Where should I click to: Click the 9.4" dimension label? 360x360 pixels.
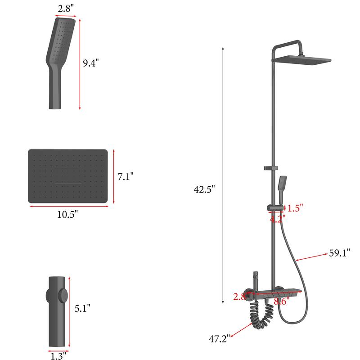pos(90,63)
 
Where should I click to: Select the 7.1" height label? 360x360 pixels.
pos(126,177)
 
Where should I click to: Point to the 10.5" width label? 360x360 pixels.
pos(67,215)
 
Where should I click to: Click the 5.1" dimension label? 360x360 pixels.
pos(82,308)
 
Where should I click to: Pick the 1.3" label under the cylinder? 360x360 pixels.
pos(58,356)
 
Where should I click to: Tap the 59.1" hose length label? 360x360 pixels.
pos(339,253)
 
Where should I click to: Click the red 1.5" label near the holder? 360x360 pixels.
pos(295,208)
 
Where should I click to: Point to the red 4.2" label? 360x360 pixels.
pos(277,219)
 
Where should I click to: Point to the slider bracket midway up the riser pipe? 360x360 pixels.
pos(269,168)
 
